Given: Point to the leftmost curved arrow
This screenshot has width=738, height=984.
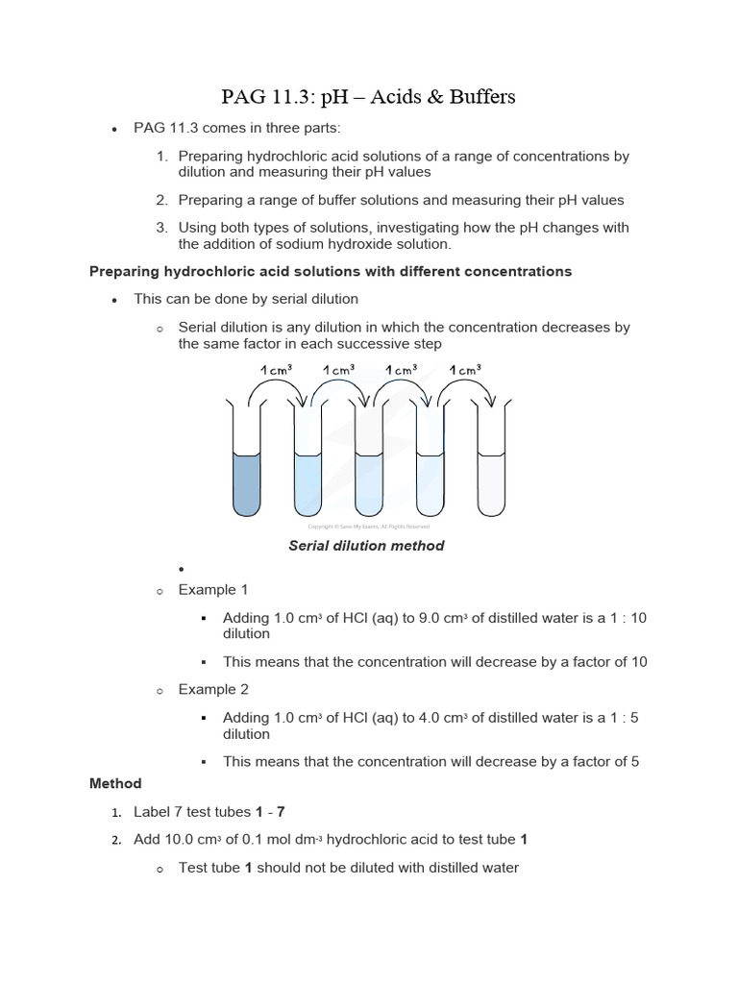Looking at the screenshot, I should pyautogui.click(x=277, y=389).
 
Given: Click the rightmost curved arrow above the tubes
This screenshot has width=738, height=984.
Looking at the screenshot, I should pyautogui.click(x=465, y=389).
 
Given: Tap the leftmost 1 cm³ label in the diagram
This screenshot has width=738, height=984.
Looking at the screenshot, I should pyautogui.click(x=276, y=369).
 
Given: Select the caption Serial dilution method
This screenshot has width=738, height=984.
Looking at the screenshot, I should pyautogui.click(x=366, y=546).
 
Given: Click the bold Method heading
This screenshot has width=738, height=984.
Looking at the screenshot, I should pyautogui.click(x=115, y=783).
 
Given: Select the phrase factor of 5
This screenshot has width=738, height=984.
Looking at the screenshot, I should pyautogui.click(x=603, y=762).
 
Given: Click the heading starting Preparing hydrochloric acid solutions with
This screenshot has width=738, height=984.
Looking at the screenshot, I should pyautogui.click(x=330, y=272).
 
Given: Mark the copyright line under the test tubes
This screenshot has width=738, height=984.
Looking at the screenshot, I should pyautogui.click(x=368, y=527).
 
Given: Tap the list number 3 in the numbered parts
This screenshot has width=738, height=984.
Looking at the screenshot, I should pyautogui.click(x=161, y=228).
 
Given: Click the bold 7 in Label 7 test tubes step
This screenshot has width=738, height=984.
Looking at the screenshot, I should pyautogui.click(x=283, y=812).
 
